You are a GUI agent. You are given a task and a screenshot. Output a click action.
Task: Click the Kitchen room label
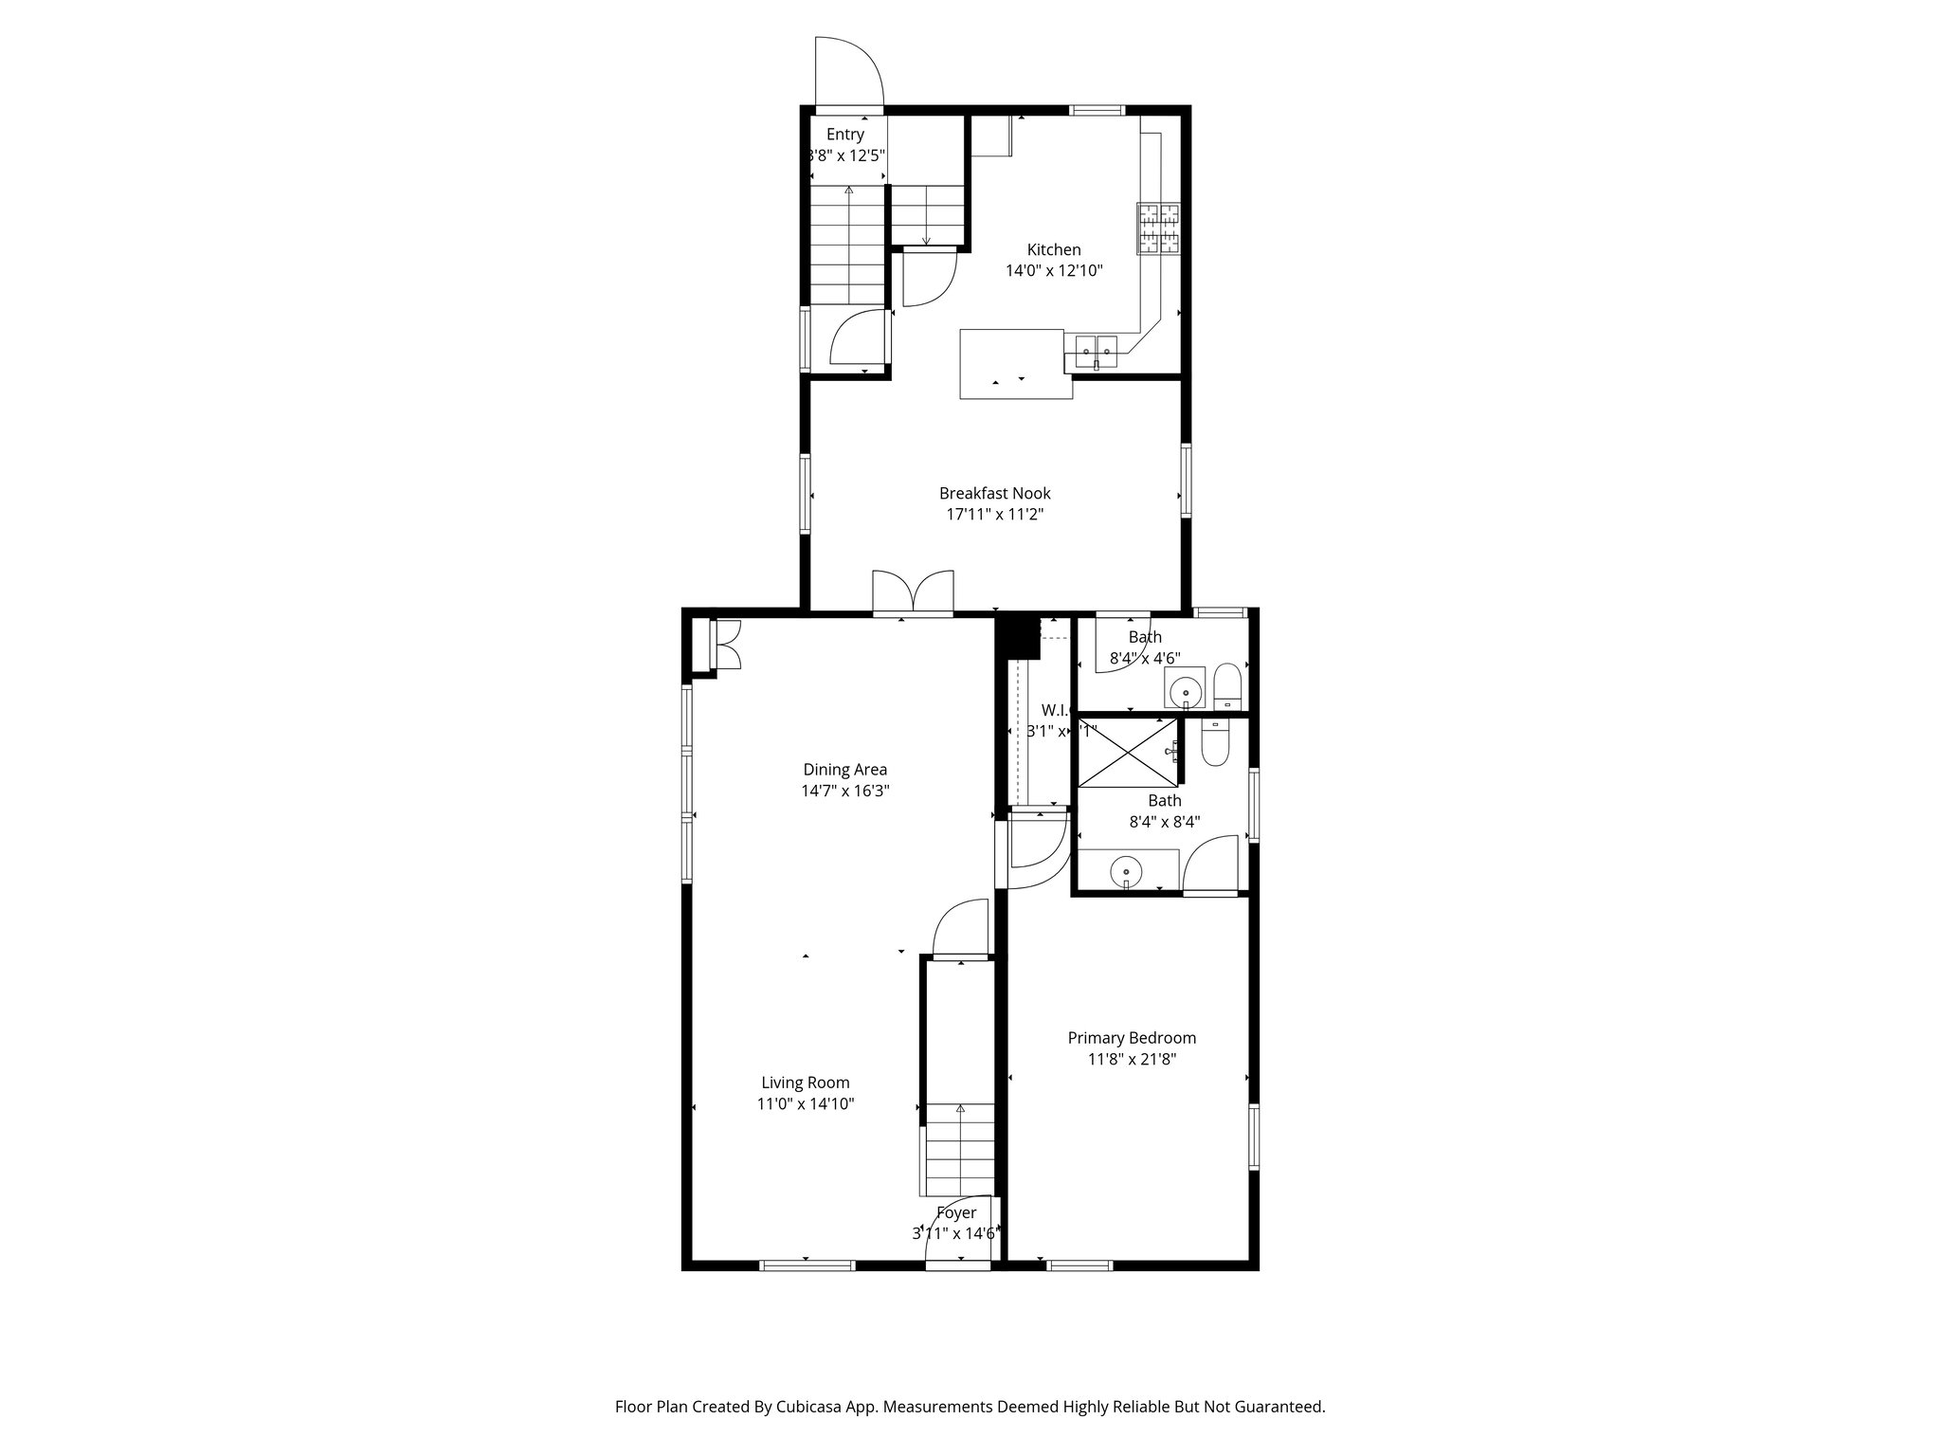[x=1053, y=250]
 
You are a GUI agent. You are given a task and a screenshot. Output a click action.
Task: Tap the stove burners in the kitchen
[x=1159, y=229]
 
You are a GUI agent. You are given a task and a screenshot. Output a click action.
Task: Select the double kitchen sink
[x=1096, y=352]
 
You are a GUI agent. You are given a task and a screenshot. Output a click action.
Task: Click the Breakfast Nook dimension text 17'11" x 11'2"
[x=994, y=515]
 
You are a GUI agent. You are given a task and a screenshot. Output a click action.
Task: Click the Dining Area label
[x=844, y=770]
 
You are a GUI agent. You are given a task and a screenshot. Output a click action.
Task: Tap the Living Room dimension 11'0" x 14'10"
[x=806, y=1103]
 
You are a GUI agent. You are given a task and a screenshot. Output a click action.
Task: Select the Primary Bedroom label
[x=1132, y=1038]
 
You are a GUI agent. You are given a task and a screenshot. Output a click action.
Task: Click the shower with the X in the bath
[x=1127, y=753]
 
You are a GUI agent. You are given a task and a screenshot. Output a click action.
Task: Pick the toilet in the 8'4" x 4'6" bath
[x=1227, y=685]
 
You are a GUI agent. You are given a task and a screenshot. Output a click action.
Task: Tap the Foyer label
[x=956, y=1213]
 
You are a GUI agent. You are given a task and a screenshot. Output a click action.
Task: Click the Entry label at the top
[x=844, y=135]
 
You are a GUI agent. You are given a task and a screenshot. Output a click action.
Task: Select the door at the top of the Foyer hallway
[x=961, y=931]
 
